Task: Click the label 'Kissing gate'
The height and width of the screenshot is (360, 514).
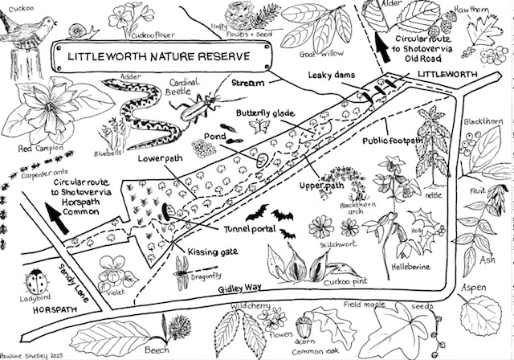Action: (x=213, y=252)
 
